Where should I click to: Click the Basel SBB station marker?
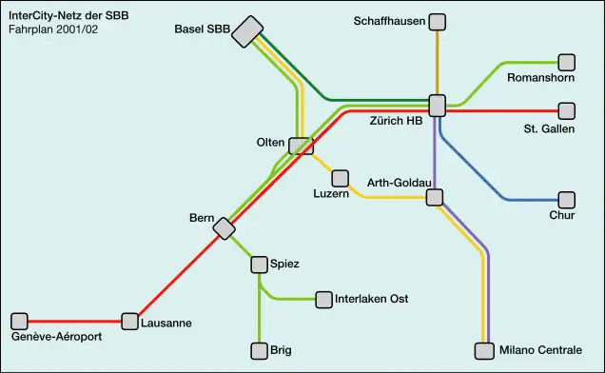tap(249, 31)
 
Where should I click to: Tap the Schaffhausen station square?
tap(438, 21)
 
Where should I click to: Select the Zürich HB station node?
tap(438, 105)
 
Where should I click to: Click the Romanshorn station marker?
tap(567, 62)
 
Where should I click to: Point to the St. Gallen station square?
tap(567, 110)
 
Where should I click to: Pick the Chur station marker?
tap(567, 200)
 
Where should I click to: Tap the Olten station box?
tap(302, 146)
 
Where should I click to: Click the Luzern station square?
tap(340, 178)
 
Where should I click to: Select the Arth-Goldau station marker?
tap(435, 198)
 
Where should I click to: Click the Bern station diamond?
tap(224, 228)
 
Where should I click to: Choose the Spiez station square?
tap(259, 264)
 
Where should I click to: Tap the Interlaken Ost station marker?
tap(323, 300)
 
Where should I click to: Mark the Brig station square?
tap(259, 351)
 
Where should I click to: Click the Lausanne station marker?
tap(129, 321)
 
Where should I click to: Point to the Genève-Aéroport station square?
tap(19, 321)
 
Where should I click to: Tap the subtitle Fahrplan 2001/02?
tap(52, 29)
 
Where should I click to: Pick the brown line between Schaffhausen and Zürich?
tap(438, 62)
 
